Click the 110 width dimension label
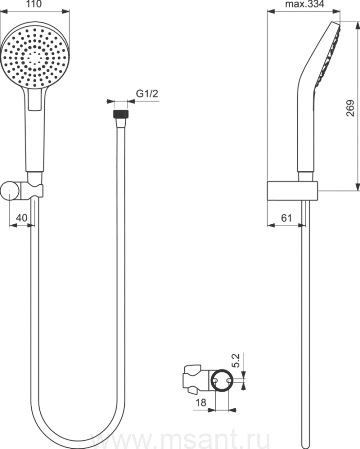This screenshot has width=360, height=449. pyautogui.click(x=34, y=4)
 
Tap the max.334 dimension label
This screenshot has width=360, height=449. pyautogui.click(x=305, y=4)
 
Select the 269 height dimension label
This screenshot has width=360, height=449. pyautogui.click(x=350, y=108)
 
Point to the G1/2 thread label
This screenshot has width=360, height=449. pyautogui.click(x=147, y=94)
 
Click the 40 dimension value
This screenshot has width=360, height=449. pyautogui.click(x=22, y=218)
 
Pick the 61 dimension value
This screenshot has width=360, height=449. pyautogui.click(x=287, y=218)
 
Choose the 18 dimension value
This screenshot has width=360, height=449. pyautogui.click(x=201, y=402)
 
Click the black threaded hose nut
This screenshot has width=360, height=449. pyautogui.click(x=121, y=114)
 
